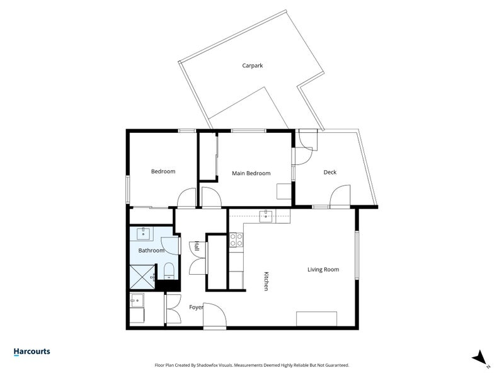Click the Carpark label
pyautogui.click(x=253, y=66)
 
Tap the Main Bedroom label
pyautogui.click(x=251, y=173)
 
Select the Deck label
pyautogui.click(x=329, y=172)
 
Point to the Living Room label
pyautogui.click(x=323, y=270)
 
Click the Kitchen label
pyautogui.click(x=266, y=281)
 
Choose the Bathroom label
pyautogui.click(x=151, y=250)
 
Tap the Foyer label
pyautogui.click(x=196, y=307)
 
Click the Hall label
pyautogui.click(x=197, y=246)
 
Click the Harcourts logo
pyautogui.click(x=32, y=352)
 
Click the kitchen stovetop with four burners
pyautogui.click(x=236, y=240)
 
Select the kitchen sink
pyautogui.click(x=266, y=216)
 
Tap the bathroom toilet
pyautogui.click(x=169, y=272)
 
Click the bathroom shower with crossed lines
pyautogui.click(x=143, y=277)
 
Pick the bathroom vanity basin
pyautogui.click(x=143, y=233)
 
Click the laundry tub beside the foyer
pyautogui.click(x=137, y=301)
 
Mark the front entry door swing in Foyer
pyautogui.click(x=215, y=314)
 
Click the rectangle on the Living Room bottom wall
pyautogui.click(x=317, y=319)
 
